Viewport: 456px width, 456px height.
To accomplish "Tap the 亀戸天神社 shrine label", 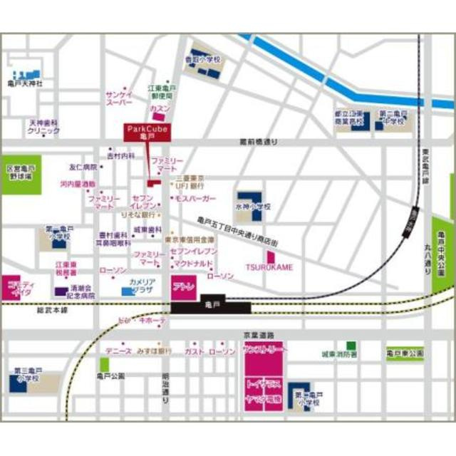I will pos(26,84).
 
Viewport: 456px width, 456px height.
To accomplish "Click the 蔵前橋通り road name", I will pos(259,142).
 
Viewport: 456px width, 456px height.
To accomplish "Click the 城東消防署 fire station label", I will pos(339,353).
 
